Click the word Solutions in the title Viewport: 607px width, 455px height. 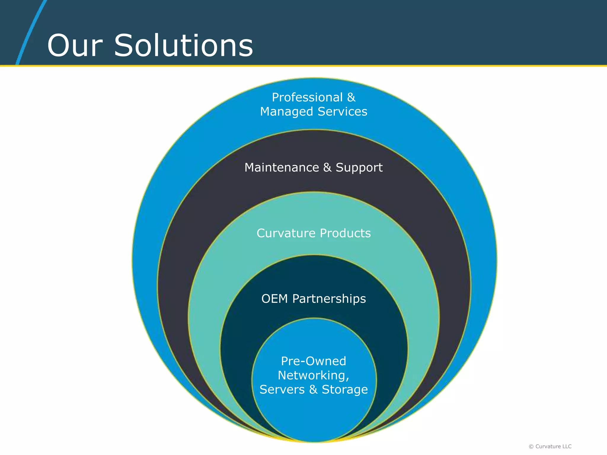point(183,46)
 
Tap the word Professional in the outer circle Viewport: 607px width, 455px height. point(307,97)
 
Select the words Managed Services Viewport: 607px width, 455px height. point(314,112)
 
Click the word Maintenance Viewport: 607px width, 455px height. point(282,168)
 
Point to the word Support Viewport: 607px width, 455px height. point(359,168)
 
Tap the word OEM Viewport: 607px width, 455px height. point(274,299)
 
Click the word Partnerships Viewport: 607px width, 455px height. point(329,299)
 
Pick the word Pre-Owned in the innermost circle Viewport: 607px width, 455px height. point(314,361)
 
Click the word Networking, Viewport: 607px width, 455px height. point(314,376)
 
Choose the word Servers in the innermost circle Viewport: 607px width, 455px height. point(282,390)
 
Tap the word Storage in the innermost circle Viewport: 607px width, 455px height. point(345,390)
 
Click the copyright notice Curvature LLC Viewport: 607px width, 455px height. point(553,446)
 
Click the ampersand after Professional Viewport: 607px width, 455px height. point(351,97)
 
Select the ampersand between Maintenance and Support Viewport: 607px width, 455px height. point(327,168)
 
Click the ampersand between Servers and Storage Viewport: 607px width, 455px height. point(313,390)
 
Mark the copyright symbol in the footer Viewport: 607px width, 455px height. point(531,447)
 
